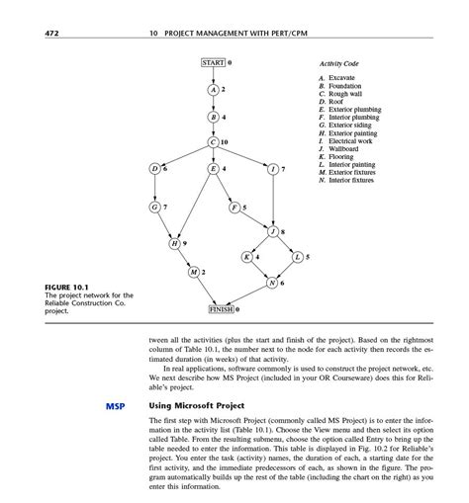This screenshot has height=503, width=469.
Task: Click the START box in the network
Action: coord(213,62)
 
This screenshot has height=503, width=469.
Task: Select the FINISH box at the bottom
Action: coord(220,308)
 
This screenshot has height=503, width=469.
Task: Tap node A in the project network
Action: coord(213,90)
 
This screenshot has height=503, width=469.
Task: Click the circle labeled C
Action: coord(213,142)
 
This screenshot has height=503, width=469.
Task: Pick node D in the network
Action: coord(155,169)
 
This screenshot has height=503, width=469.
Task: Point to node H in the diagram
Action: coord(175,243)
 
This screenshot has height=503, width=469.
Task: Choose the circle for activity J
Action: coord(273,231)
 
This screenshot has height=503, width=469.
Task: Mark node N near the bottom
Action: coord(272,283)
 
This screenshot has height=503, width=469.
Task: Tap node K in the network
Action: coord(247,257)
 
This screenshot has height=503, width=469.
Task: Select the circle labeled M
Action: coord(195,271)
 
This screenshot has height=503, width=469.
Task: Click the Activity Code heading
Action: coord(338,63)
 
